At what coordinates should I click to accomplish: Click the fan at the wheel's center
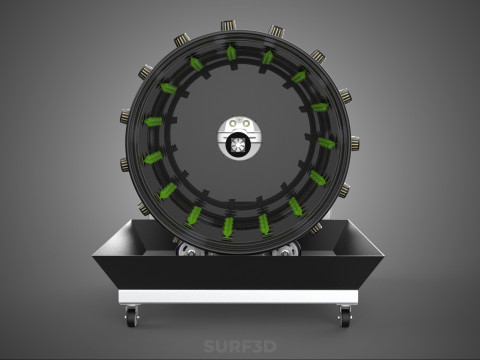click(x=238, y=144)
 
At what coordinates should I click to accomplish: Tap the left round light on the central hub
click(x=234, y=124)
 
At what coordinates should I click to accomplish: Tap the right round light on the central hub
click(x=246, y=124)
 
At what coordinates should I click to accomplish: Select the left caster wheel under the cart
click(x=132, y=316)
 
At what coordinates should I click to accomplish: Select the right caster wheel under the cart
click(x=345, y=316)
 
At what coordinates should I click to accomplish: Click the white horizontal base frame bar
click(x=238, y=296)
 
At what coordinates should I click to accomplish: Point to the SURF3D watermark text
click(x=240, y=346)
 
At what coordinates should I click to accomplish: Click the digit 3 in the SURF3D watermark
click(x=255, y=346)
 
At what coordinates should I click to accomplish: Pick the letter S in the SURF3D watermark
click(x=209, y=346)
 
